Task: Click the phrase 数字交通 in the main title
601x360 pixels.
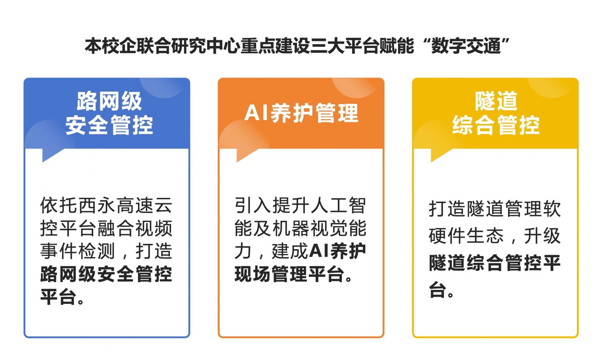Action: (466, 46)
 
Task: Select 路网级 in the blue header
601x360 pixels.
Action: (109, 101)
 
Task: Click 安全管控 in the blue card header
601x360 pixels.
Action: (109, 125)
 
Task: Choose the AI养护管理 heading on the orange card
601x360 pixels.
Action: (301, 113)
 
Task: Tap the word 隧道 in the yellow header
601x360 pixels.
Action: (496, 101)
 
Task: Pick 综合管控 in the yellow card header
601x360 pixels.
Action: (496, 125)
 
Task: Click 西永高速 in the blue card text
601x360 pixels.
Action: (116, 205)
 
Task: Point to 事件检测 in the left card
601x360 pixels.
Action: (78, 251)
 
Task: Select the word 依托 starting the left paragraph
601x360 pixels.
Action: (59, 205)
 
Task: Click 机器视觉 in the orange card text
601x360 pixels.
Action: (310, 228)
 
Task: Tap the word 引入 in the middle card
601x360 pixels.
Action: (253, 205)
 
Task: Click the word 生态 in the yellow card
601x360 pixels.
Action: (485, 236)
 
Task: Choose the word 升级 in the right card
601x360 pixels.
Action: (542, 236)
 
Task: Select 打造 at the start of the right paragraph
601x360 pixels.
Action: (448, 209)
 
